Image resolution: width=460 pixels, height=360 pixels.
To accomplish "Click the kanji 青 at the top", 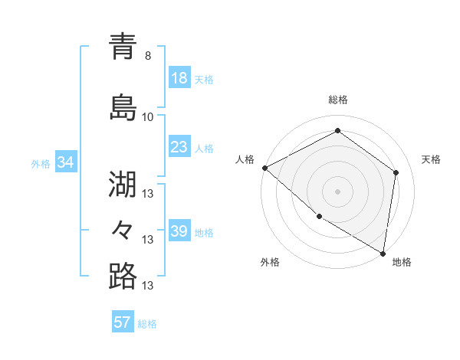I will click(123, 47).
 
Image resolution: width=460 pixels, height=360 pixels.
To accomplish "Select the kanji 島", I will click(123, 107).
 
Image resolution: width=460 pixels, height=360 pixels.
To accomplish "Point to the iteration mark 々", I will click(123, 230).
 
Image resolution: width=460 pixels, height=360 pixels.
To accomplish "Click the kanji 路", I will click(123, 276).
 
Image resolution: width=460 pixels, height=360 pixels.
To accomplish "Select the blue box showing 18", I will click(179, 78).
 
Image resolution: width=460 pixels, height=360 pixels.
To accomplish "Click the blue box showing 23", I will click(179, 146).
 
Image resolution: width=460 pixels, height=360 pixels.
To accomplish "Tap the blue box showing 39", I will click(179, 231).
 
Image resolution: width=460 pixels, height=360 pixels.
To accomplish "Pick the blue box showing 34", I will click(65, 162).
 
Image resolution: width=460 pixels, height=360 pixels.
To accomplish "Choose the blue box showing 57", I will click(123, 322).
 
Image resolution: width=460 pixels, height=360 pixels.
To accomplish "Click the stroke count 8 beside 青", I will click(148, 56).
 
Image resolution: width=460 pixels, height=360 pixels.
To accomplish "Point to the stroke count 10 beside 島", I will click(148, 117).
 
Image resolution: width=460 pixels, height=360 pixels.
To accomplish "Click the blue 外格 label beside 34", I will click(41, 163).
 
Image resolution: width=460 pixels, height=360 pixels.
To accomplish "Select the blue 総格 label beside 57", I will click(148, 324).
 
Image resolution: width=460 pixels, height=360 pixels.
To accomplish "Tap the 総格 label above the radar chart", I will click(337, 100).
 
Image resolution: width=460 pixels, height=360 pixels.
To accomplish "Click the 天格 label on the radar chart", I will click(431, 159).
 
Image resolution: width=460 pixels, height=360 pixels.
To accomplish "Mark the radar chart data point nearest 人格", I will click(264, 168).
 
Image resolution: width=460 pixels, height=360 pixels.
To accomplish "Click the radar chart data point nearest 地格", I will click(383, 253).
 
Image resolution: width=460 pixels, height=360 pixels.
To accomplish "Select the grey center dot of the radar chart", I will click(337, 191).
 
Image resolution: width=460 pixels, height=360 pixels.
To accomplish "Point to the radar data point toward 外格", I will click(319, 216).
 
